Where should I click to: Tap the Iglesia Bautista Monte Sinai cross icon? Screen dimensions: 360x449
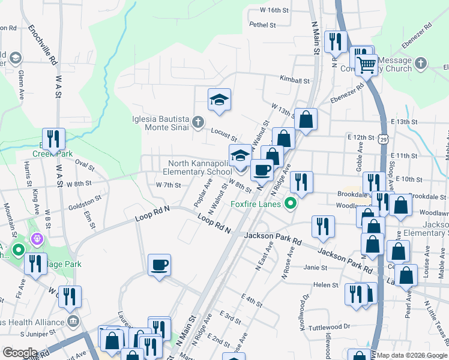point(198,124)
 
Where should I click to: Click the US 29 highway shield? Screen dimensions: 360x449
point(382,139)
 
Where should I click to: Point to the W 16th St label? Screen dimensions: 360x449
point(274,10)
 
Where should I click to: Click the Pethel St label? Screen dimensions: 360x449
point(263,25)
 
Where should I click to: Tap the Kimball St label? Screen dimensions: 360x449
point(294,80)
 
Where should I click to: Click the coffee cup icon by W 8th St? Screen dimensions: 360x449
point(262,170)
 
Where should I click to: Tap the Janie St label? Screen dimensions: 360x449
point(311,268)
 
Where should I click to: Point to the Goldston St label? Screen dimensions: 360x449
point(85,202)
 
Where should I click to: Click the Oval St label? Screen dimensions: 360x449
point(85,164)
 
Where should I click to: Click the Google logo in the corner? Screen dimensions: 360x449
point(19,353)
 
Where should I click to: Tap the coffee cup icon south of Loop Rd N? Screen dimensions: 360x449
point(159,265)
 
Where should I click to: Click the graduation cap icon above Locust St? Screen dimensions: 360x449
point(220,100)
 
